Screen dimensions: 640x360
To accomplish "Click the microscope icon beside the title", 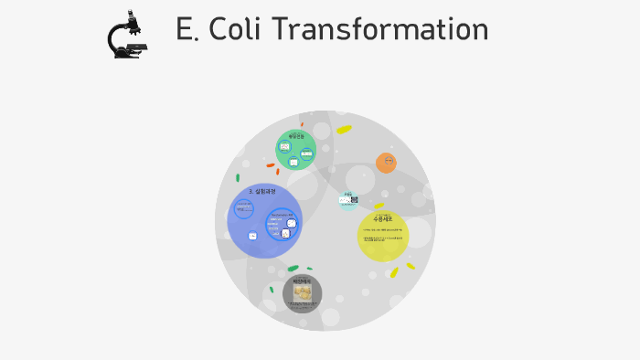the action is coord(127,35).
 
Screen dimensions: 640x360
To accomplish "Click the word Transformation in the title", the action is coord(380,29).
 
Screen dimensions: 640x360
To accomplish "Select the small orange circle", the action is coord(386,163).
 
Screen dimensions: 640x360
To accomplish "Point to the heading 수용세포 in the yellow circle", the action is coord(382,219).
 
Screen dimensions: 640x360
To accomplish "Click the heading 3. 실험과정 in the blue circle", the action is coord(261,191).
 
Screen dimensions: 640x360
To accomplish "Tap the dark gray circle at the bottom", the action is coord(302,293).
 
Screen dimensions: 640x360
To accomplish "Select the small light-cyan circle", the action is coord(347,199).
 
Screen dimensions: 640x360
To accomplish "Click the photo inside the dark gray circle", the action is coord(302,292).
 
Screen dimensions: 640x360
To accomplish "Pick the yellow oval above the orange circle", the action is coord(344,130).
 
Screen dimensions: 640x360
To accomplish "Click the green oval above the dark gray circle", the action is coord(293,269).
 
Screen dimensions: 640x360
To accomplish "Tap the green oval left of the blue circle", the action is coord(238,178).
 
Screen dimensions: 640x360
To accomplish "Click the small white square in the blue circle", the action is coord(252,236).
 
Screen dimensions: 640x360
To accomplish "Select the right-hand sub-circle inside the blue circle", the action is coord(283,224).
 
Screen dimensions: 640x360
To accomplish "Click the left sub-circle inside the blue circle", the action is coord(244,208).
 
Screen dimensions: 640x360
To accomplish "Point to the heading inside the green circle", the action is coord(295,135).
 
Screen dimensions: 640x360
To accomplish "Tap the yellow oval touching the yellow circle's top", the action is coord(378,206).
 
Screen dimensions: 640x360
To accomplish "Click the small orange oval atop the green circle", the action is coord(302,124).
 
